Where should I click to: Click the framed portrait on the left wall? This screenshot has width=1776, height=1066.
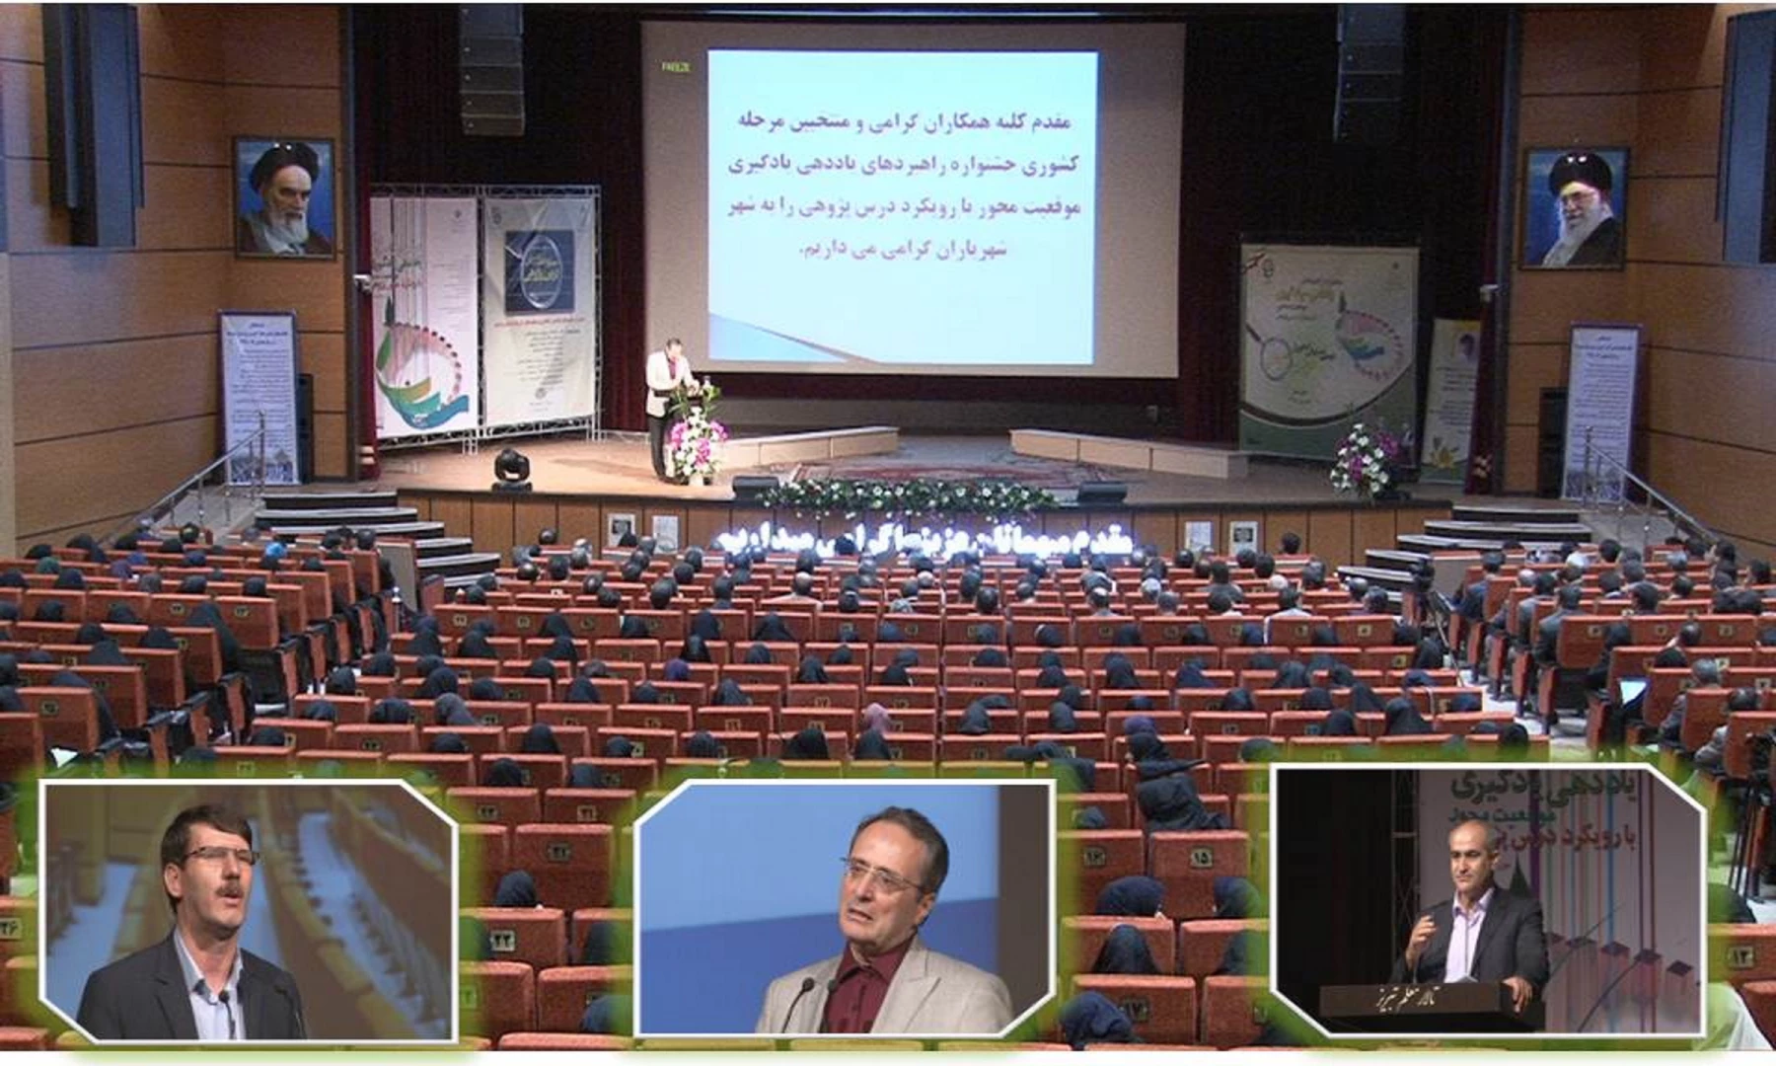click(283, 197)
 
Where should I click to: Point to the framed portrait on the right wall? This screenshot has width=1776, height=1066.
click(1574, 208)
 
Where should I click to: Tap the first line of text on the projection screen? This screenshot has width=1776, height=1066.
click(898, 122)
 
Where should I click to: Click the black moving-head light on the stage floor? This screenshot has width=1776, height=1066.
click(511, 468)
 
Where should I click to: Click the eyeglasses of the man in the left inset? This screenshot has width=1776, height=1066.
click(205, 856)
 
